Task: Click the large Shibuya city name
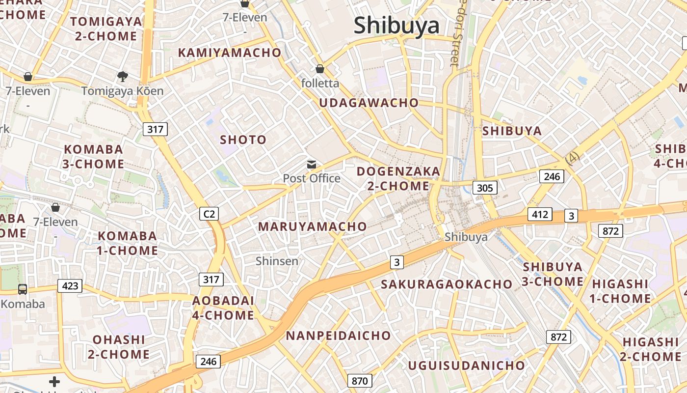tap(396, 26)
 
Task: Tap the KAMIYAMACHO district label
tap(230, 53)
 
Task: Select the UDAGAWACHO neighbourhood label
tap(369, 103)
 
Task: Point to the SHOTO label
tap(243, 140)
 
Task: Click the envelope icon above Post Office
tap(312, 165)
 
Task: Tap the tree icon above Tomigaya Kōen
tap(122, 76)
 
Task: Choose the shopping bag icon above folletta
tap(320, 69)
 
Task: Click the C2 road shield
tap(209, 214)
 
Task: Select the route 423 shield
tap(70, 285)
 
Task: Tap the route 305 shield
tap(485, 187)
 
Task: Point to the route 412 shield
tap(540, 214)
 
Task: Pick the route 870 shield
tap(360, 380)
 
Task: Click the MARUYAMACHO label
tap(312, 226)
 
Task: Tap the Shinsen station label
tap(277, 261)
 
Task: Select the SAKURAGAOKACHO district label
tap(447, 284)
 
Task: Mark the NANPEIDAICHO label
tap(338, 336)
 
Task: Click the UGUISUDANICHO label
tap(466, 365)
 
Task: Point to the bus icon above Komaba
tap(23, 289)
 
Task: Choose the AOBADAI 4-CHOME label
tap(223, 308)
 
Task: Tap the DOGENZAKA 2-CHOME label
tap(398, 178)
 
